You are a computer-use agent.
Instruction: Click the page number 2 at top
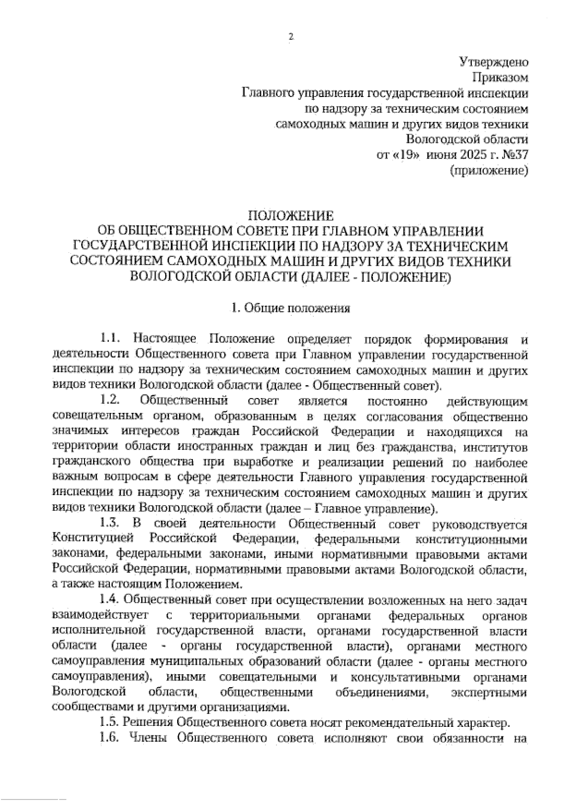coord(289,36)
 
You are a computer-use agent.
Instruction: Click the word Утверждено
coord(493,62)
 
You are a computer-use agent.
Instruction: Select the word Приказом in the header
coord(499,77)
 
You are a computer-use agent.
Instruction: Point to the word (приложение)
coord(489,170)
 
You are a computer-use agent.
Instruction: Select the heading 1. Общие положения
coord(290,308)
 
